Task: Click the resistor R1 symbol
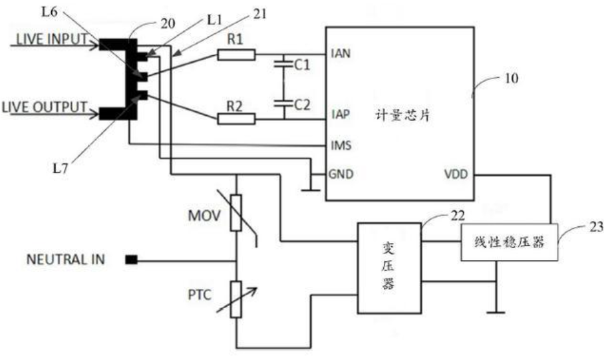(236, 55)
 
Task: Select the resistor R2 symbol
(236, 118)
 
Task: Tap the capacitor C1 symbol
(283, 64)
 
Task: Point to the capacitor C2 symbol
(283, 103)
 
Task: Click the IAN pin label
(341, 54)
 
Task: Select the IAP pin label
(341, 114)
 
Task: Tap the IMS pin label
(341, 145)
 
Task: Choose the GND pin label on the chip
(341, 174)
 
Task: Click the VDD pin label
(456, 174)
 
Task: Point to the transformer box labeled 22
(389, 268)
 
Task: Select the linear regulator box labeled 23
(510, 242)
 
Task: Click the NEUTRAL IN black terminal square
(131, 260)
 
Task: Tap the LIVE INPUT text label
(52, 39)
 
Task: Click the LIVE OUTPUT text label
(45, 106)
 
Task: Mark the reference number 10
(512, 79)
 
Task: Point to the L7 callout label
(61, 168)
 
